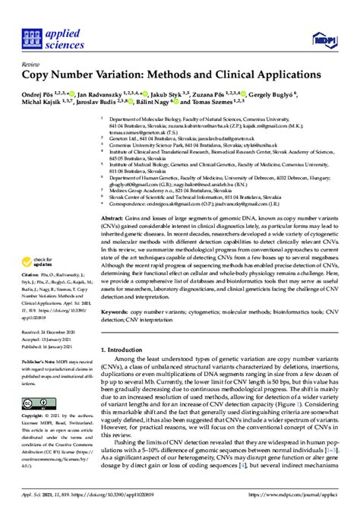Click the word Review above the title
32,65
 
